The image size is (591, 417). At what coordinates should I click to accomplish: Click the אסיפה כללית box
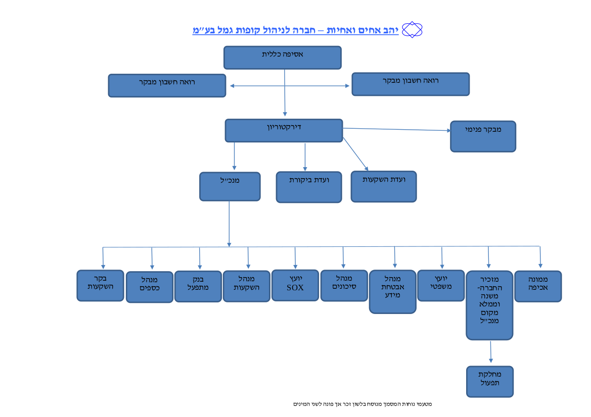pos(282,58)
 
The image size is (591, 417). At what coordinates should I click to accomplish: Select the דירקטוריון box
pos(284,131)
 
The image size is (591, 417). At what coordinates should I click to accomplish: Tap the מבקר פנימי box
pos(483,136)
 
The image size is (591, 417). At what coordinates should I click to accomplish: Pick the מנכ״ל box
pos(230,186)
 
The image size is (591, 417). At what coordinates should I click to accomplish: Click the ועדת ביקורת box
pos(309,187)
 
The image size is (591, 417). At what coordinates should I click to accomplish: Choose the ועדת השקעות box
pos(384,187)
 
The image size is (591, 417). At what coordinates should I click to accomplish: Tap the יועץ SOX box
pos(295,285)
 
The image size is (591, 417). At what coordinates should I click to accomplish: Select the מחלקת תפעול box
pos(489,382)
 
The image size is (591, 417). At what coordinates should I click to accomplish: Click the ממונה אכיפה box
pos(538,286)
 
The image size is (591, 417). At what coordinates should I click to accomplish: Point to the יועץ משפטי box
pos(441,285)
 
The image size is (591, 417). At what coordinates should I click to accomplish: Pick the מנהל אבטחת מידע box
pos(393,291)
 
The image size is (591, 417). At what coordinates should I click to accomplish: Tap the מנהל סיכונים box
pos(344,285)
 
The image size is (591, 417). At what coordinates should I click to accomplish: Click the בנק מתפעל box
pos(198,286)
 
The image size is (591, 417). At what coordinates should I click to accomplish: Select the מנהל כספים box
pos(150,287)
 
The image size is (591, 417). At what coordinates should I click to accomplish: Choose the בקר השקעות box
pos(100,285)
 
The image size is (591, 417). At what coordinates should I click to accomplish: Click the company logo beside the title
pos(412,30)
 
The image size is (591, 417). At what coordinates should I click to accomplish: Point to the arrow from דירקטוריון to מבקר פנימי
pos(396,129)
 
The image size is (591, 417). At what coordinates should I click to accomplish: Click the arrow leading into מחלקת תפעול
pos(491,351)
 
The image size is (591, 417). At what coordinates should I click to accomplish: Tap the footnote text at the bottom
pos(362,404)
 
